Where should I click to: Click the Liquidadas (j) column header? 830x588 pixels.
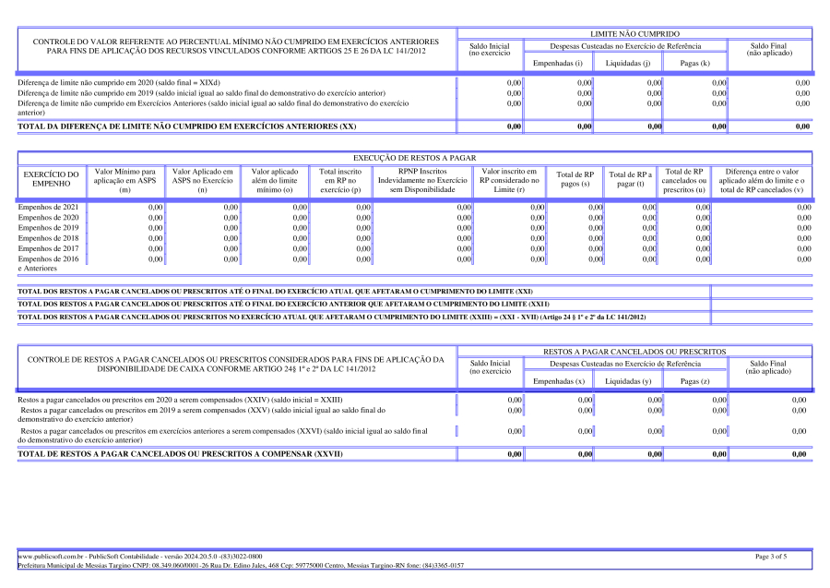click(628, 64)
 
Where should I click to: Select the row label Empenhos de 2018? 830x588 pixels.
click(48, 238)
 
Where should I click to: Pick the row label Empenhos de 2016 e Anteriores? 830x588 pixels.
click(48, 264)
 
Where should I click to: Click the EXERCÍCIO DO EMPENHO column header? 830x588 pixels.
click(51, 180)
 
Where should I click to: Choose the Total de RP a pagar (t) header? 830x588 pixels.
click(630, 180)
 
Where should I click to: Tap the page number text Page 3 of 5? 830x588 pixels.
click(770, 557)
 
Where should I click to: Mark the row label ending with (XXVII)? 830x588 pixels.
click(181, 454)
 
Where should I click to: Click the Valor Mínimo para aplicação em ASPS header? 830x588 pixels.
click(125, 180)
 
